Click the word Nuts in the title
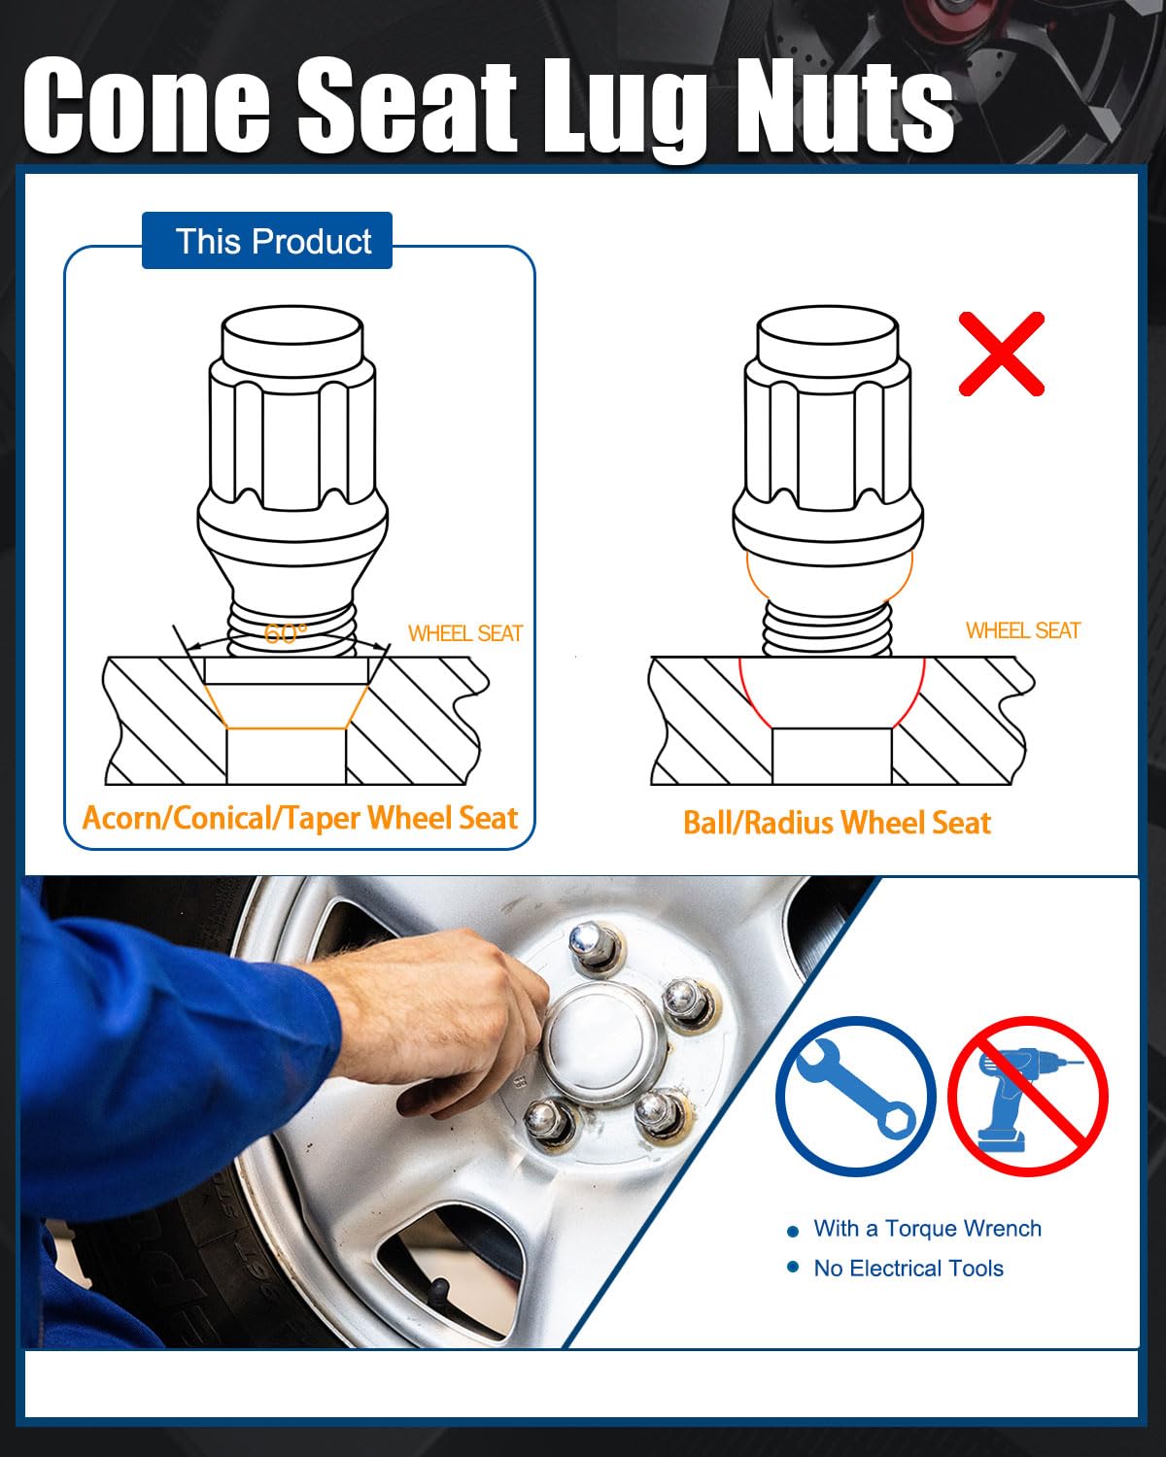pos(844,105)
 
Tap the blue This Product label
pos(267,240)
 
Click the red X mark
pos(1002,354)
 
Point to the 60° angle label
pos(285,633)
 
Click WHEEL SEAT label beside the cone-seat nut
pos(465,633)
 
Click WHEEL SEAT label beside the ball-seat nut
pos(1023,630)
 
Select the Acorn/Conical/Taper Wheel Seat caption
pos(300,818)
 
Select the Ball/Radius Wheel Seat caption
pos(837,823)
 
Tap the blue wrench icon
pos(856,1096)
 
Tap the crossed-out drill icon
pos(1028,1096)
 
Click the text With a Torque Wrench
pos(928,1228)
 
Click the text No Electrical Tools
pos(909,1269)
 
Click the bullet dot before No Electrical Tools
pos(794,1267)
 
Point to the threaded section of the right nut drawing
pos(827,628)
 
